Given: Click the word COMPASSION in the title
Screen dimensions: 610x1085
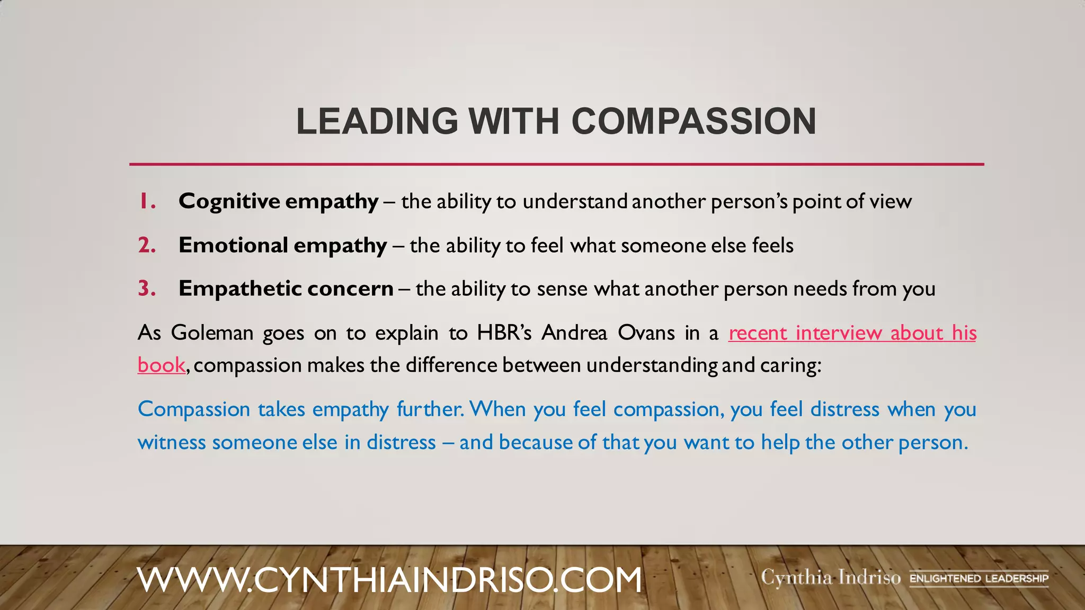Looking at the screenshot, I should pyautogui.click(x=693, y=121).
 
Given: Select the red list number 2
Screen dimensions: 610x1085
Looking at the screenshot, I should pyautogui.click(x=147, y=245).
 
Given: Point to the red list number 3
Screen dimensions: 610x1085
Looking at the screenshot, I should pyautogui.click(x=147, y=289).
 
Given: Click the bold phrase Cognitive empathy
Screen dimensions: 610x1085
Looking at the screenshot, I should pyautogui.click(x=278, y=202).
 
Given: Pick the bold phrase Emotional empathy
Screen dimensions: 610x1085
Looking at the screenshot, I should pyautogui.click(x=282, y=246).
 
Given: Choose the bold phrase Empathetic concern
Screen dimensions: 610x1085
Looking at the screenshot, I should pyautogui.click(x=286, y=289).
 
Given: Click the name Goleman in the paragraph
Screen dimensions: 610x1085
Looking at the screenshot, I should pyautogui.click(x=212, y=333).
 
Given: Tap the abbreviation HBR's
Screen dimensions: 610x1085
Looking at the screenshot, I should pyautogui.click(x=504, y=333).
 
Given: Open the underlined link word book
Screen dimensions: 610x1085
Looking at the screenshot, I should pyautogui.click(x=161, y=365).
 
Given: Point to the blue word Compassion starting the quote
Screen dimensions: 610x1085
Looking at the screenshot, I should pyautogui.click(x=194, y=409).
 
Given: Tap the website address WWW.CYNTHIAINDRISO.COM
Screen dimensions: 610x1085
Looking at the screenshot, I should pyautogui.click(x=389, y=579).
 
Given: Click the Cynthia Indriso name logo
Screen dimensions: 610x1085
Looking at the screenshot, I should pyautogui.click(x=830, y=577).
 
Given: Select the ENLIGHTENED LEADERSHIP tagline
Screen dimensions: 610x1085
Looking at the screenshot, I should pyautogui.click(x=979, y=578).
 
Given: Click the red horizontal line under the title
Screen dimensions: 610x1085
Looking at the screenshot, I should pyautogui.click(x=556, y=164).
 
